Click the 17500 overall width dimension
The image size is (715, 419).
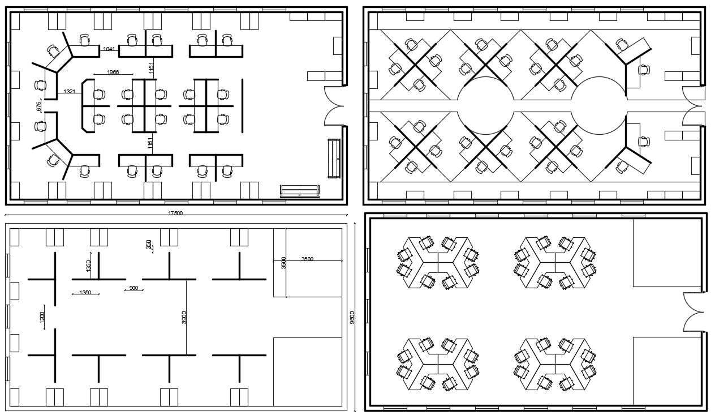175,213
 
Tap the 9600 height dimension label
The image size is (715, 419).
352,318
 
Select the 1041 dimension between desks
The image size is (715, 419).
109,49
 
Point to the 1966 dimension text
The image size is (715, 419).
113,72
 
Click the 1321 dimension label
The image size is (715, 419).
69,91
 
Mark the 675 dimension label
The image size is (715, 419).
39,106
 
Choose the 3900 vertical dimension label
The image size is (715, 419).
184,318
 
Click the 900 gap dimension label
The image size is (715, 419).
133,288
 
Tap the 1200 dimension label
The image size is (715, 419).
42,318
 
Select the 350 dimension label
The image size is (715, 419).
148,244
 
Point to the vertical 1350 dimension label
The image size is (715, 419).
88,266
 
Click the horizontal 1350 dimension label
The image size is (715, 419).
85,292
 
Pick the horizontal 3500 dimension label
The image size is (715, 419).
307,259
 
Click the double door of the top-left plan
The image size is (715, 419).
334,106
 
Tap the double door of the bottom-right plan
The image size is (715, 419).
694,312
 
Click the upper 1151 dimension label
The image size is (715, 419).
151,68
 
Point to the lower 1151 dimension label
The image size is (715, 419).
150,143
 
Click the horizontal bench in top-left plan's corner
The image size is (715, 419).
300,191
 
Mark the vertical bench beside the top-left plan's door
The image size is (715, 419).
334,158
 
